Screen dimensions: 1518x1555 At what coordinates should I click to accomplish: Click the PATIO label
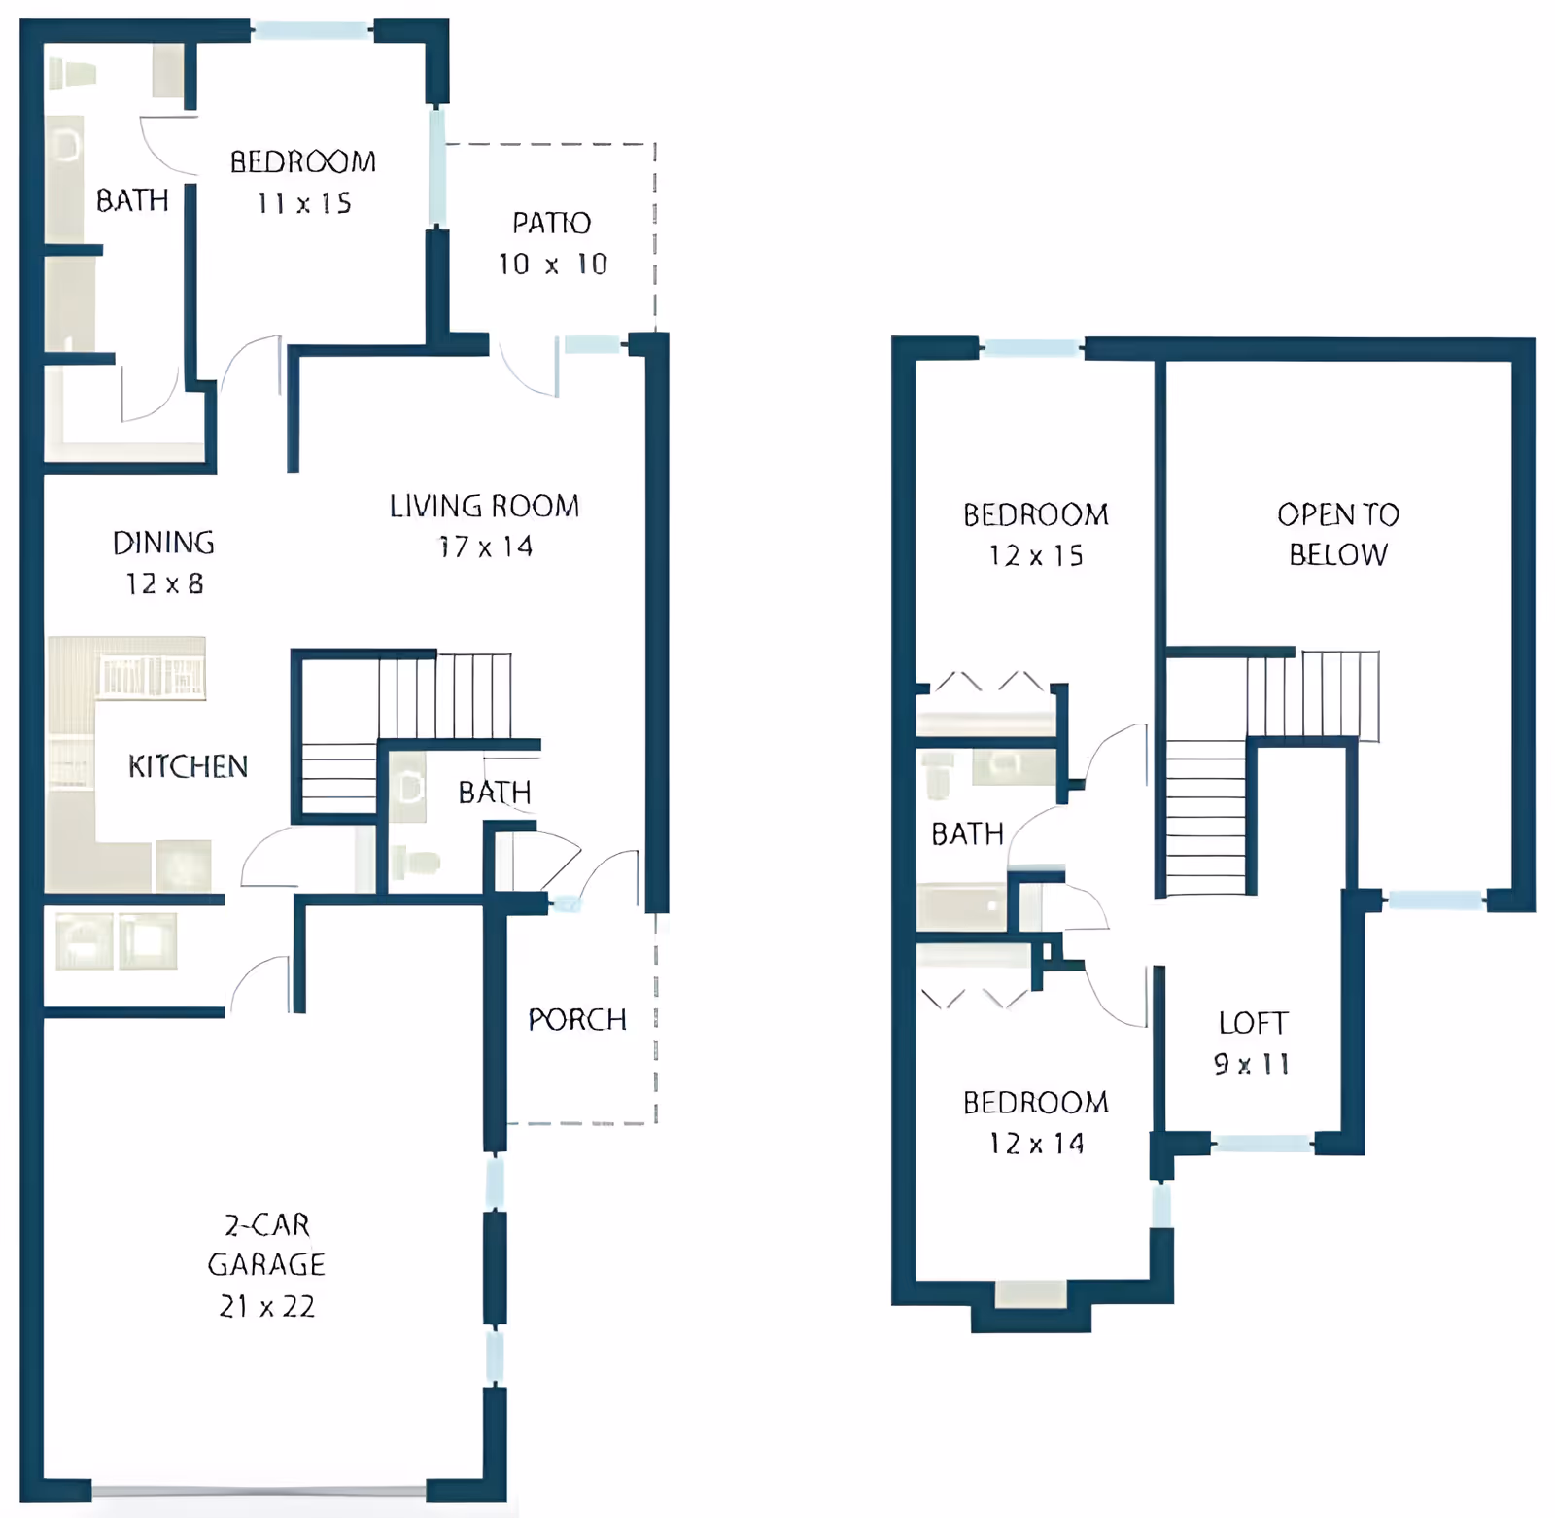pos(551,223)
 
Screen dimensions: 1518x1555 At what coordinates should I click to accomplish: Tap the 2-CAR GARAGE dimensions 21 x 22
pos(267,1306)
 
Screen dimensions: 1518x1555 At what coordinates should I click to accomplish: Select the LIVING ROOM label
pos(484,506)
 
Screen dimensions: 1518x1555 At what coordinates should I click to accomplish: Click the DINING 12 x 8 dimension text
pos(164,583)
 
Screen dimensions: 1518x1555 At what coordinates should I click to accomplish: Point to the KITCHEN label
pos(188,766)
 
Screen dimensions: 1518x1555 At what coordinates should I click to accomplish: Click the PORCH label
pos(577,1019)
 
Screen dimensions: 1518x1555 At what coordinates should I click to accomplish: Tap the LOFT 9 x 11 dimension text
pos(1252,1064)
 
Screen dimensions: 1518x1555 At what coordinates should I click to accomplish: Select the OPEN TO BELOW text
pos(1338,534)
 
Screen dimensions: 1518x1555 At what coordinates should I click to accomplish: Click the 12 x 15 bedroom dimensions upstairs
pos(1036,555)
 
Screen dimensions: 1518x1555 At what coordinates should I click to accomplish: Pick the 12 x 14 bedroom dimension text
pos(1036,1144)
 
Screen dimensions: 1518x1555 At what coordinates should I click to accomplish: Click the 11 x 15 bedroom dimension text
pos(304,203)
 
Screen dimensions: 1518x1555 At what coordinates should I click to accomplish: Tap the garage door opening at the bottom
pos(259,1490)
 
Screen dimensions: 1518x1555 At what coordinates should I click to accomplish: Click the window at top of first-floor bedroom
pos(312,30)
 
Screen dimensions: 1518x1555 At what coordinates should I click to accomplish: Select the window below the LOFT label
pos(1262,1144)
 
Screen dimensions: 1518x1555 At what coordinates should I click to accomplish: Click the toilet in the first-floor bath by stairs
pos(418,862)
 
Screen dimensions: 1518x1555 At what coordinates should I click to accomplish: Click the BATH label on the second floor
pos(967,833)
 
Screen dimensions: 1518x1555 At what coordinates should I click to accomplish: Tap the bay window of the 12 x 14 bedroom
pos(1031,1293)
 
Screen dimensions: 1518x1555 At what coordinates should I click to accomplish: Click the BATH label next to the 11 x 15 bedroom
pos(132,200)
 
